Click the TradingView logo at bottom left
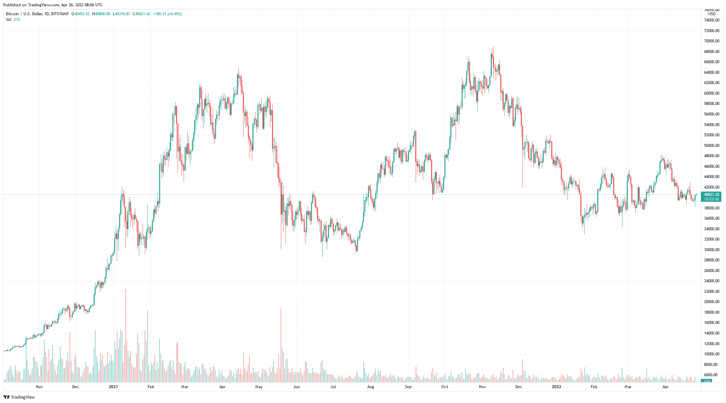19,397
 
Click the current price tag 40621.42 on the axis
711,195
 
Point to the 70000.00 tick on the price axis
711,41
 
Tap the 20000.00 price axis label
711,302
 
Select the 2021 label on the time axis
113,387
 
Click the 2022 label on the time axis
557,387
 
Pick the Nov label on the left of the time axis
39,387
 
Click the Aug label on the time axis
371,387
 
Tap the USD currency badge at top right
711,14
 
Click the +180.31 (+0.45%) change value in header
167,14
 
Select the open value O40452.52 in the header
82,14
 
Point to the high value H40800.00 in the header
101,14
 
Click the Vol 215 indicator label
13,20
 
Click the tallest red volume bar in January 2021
126,334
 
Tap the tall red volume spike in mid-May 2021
281,344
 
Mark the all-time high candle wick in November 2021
493,50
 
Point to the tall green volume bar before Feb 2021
148,344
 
